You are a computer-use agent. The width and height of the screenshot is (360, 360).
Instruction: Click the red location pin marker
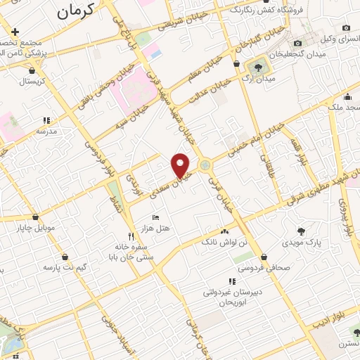pyautogui.click(x=181, y=165)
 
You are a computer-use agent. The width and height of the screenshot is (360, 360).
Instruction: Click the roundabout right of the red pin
pyautogui.click(x=205, y=166)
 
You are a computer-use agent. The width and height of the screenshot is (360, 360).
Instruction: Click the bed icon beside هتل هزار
pyautogui.click(x=155, y=217)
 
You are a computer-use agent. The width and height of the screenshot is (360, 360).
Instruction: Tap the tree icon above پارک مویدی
pyautogui.click(x=301, y=231)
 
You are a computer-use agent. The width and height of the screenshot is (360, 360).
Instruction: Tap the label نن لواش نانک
pyautogui.click(x=224, y=242)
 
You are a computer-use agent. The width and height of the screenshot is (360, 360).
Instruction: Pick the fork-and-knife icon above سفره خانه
pyautogui.click(x=130, y=236)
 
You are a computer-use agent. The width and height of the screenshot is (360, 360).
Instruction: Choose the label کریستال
pyautogui.click(x=32, y=81)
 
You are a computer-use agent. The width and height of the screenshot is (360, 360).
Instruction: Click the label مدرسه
pyautogui.click(x=46, y=131)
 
